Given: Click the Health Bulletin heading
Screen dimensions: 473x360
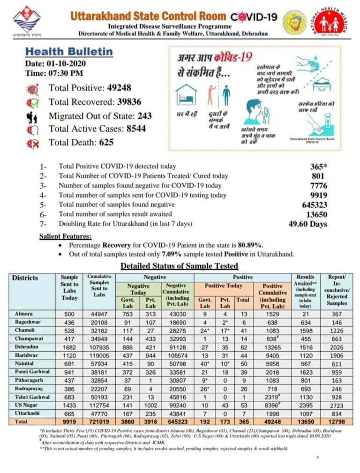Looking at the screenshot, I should [68, 52].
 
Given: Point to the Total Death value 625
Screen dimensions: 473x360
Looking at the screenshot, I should [106, 142].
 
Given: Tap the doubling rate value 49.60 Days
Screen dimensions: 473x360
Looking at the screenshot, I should [307, 224].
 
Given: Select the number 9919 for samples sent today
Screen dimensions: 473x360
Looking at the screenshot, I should [318, 195].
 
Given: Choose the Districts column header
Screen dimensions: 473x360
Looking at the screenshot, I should [25, 278].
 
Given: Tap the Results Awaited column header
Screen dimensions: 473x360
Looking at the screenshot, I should [305, 290].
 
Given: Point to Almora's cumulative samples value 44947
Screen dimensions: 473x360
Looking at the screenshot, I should [99, 313].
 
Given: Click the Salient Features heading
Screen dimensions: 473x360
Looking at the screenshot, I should [65, 236].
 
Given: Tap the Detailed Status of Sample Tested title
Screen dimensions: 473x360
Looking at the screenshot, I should [179, 266].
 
